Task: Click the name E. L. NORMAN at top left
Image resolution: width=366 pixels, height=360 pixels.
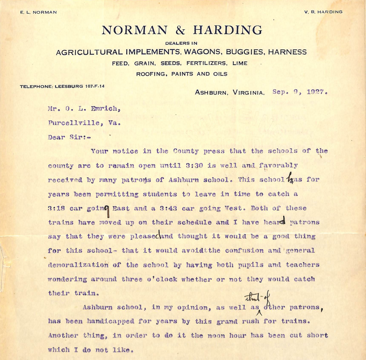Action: point(38,12)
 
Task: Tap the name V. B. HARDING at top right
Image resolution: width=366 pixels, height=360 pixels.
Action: point(324,12)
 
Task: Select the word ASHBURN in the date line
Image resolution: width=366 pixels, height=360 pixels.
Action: point(211,93)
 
